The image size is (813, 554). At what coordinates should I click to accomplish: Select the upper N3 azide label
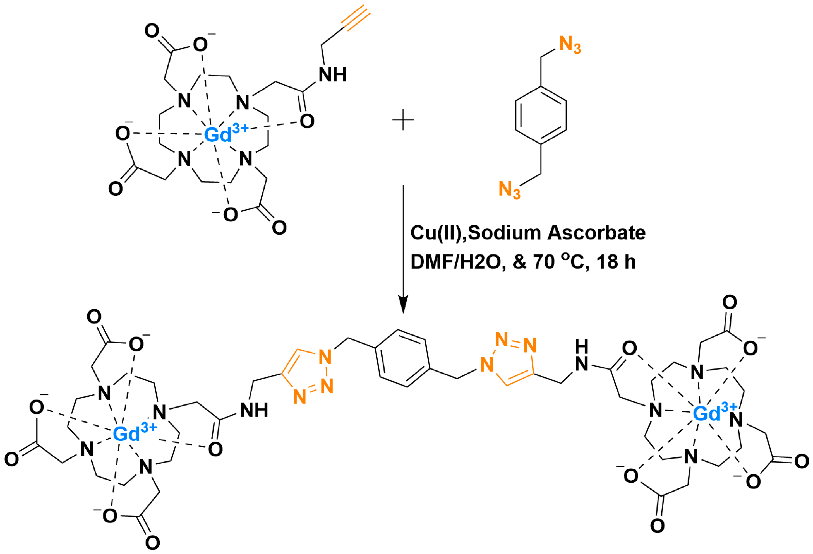click(x=570, y=45)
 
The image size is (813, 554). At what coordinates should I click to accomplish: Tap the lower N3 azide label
click(x=509, y=190)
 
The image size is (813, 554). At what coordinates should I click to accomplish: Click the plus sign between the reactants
click(x=403, y=120)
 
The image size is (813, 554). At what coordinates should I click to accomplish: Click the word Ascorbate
click(x=596, y=233)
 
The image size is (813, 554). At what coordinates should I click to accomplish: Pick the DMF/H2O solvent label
click(x=458, y=262)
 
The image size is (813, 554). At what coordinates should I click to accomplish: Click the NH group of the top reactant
click(x=332, y=74)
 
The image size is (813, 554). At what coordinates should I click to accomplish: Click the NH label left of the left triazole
click(x=254, y=410)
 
